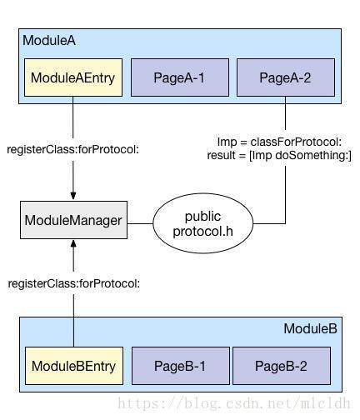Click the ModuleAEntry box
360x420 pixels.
point(73,77)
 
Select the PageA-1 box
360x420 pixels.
point(180,77)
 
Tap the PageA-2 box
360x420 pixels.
point(286,77)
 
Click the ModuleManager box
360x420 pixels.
point(73,220)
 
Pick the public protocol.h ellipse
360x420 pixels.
point(203,223)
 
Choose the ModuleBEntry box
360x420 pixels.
point(74,366)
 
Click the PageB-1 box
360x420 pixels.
point(181,366)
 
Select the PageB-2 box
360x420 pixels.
point(282,366)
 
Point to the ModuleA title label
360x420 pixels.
point(49,40)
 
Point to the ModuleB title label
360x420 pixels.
point(310,328)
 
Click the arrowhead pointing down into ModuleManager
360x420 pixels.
point(73,196)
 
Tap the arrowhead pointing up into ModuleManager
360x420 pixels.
point(73,244)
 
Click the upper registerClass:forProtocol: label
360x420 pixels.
point(72,149)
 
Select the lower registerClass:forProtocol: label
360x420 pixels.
point(74,283)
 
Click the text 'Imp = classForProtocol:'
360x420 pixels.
point(279,142)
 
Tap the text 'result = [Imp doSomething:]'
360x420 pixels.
point(279,155)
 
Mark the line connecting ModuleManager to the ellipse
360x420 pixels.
point(140,223)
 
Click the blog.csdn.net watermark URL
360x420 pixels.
point(234,403)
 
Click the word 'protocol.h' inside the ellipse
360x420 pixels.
point(202,231)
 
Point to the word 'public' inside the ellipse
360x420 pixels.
point(202,217)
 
